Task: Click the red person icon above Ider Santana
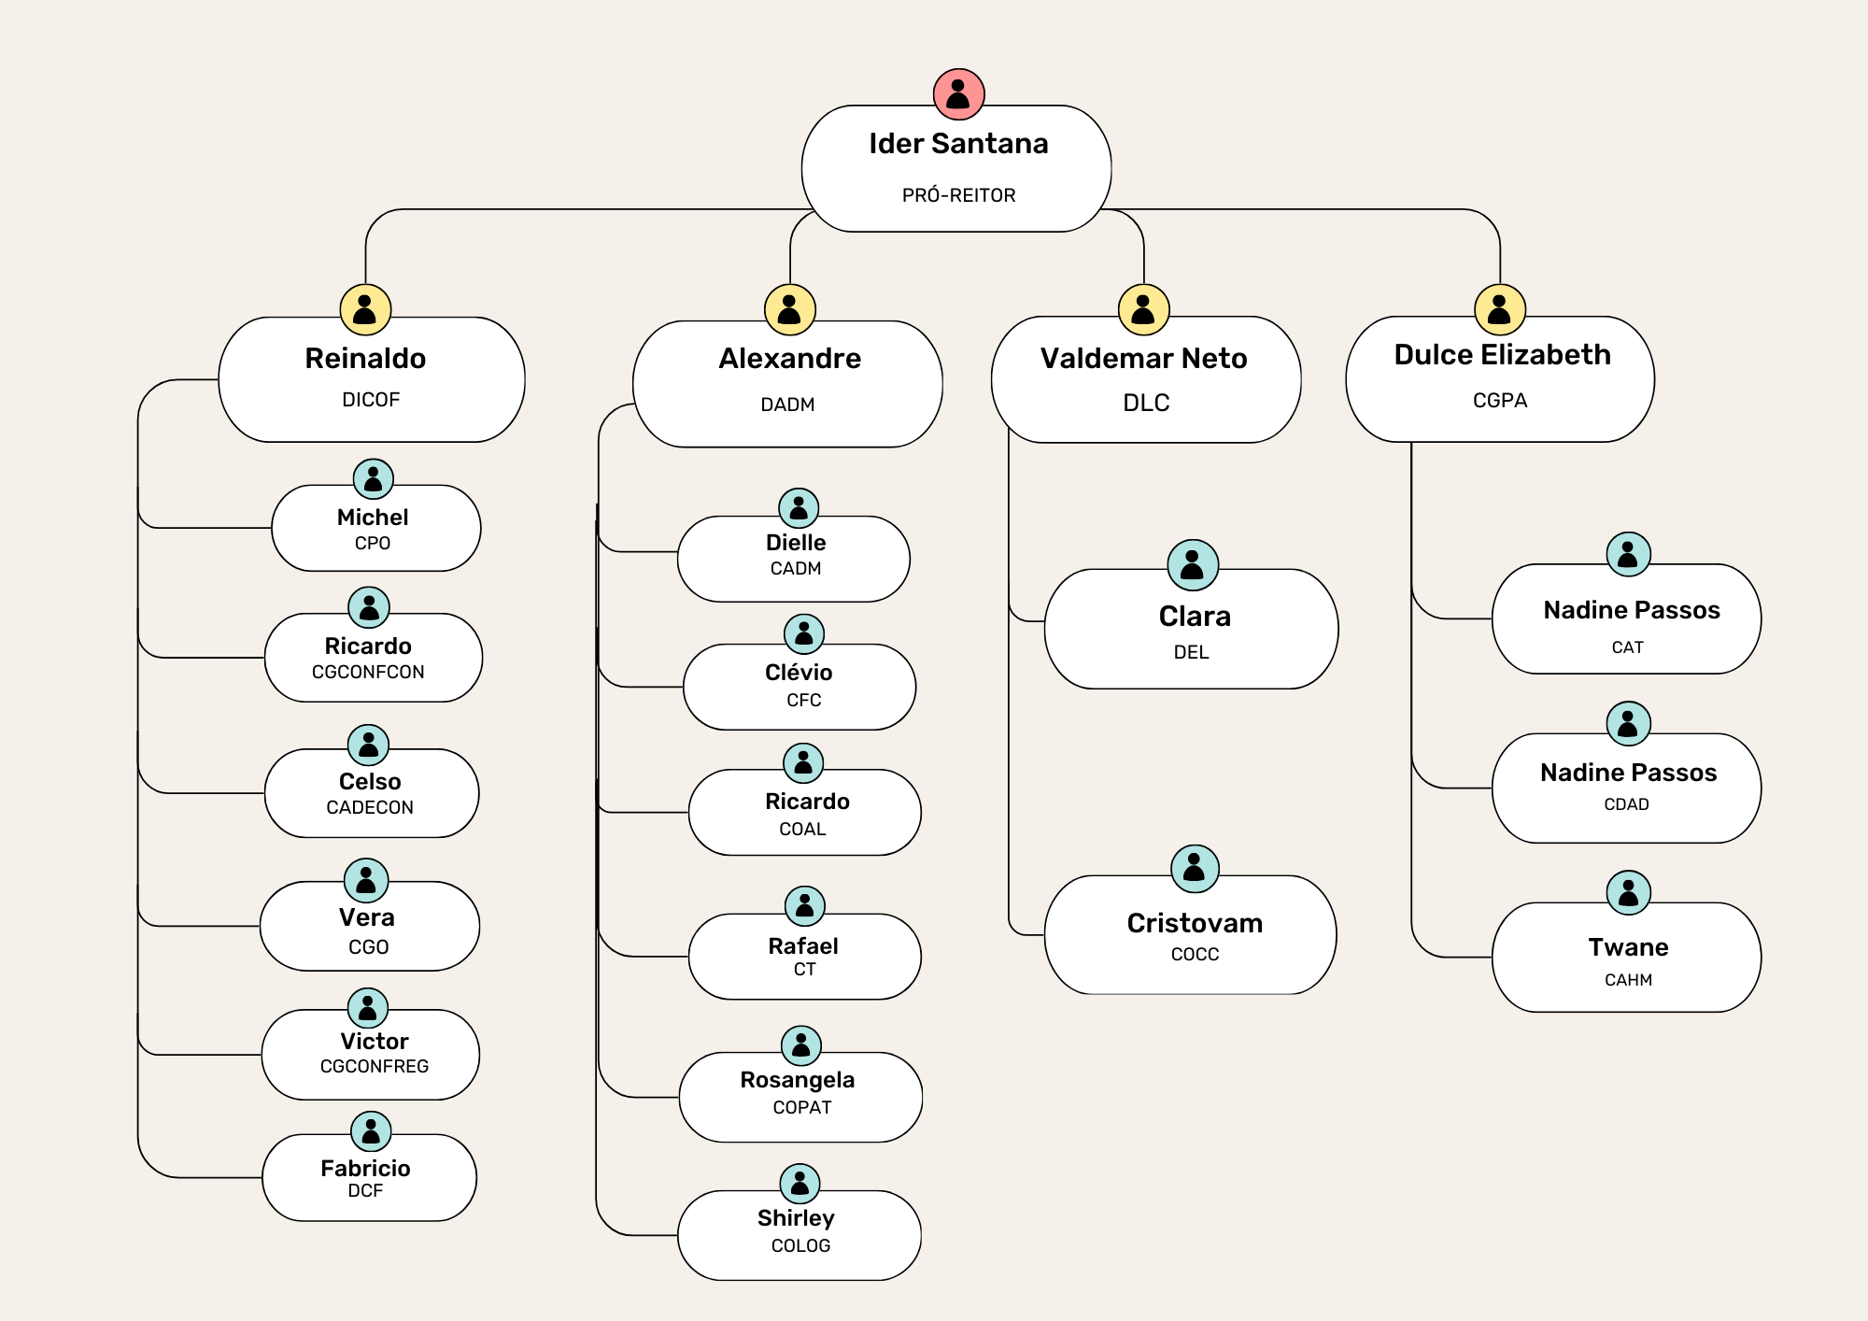958,94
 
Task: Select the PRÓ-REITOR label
958,195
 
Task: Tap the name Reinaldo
365,358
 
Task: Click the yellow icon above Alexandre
790,309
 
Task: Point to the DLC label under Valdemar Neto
1146,403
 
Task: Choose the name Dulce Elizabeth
1502,355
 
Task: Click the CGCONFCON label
368,672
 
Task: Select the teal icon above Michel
373,479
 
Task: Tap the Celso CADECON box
371,793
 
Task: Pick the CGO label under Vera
368,946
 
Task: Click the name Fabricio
365,1168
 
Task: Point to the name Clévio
799,673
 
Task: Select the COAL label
802,829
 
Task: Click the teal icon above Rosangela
800,1045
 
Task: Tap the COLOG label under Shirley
800,1245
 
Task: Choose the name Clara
1195,617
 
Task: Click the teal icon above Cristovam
1195,869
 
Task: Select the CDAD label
1626,804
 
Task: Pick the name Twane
1628,947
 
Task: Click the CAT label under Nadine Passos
1627,647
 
